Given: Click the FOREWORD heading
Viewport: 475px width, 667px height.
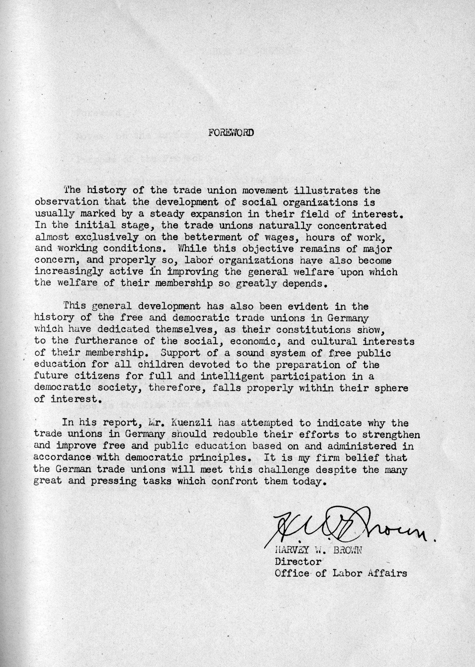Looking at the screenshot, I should [x=231, y=133].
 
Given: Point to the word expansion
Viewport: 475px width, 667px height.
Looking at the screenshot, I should [x=216, y=214].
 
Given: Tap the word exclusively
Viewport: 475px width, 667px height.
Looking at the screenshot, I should [x=106, y=237].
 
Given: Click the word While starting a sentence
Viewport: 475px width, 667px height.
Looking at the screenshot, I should [x=192, y=249].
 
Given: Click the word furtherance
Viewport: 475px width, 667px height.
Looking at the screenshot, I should [x=106, y=341].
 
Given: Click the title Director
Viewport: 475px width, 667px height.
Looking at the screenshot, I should [x=298, y=562].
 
